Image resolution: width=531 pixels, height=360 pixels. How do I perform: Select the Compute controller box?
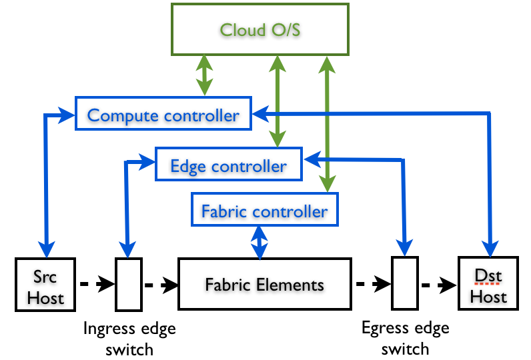[x=163, y=115]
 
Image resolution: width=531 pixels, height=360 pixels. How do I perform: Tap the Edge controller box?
[x=228, y=165]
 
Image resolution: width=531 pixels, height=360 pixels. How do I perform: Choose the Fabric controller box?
[x=264, y=211]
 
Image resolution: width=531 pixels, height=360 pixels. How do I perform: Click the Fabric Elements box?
[x=264, y=285]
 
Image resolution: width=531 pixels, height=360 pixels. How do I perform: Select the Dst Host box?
[x=488, y=285]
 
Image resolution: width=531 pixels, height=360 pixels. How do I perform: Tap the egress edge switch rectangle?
[x=403, y=285]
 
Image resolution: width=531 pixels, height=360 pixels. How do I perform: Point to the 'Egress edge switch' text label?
[x=405, y=338]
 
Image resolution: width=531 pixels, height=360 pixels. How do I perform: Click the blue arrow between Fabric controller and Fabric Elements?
[x=258, y=242]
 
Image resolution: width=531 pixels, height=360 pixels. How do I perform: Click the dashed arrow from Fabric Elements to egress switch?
[x=370, y=285]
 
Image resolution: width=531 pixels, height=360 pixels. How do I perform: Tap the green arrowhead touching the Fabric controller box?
[x=327, y=185]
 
